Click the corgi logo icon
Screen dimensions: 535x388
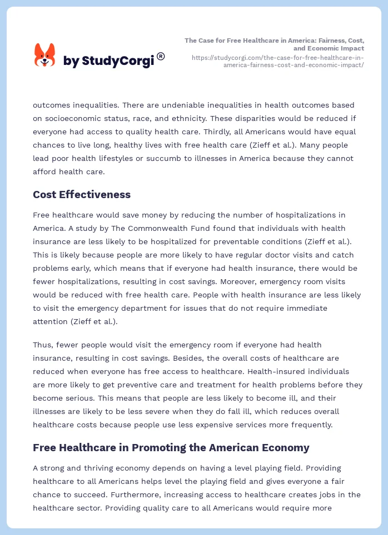coord(45,55)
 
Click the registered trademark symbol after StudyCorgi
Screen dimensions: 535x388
coord(161,56)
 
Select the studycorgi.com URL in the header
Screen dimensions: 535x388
coord(277,61)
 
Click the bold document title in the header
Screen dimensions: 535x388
coord(275,44)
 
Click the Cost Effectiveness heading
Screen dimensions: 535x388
coord(82,195)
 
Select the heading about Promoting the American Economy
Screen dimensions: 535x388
coord(171,447)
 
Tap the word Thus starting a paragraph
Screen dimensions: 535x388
coord(43,345)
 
